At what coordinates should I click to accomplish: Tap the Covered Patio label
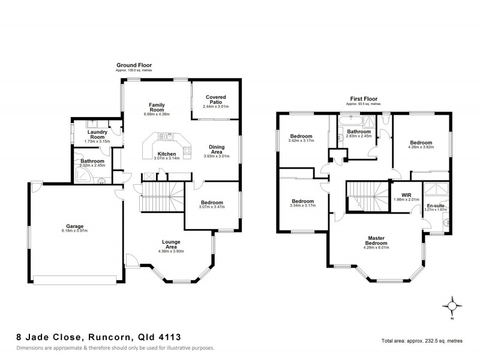[x=215, y=99]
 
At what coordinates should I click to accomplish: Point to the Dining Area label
[x=217, y=149]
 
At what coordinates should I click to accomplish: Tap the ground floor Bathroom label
[x=92, y=161]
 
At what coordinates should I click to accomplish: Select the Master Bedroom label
[x=376, y=239]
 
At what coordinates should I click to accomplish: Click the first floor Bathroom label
[x=359, y=131]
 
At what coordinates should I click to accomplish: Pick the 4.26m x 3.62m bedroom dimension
[x=420, y=147]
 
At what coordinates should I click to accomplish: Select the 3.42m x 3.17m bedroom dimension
[x=301, y=140]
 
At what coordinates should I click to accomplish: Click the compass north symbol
[x=452, y=305]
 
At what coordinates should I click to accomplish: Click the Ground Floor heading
[x=134, y=65]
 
